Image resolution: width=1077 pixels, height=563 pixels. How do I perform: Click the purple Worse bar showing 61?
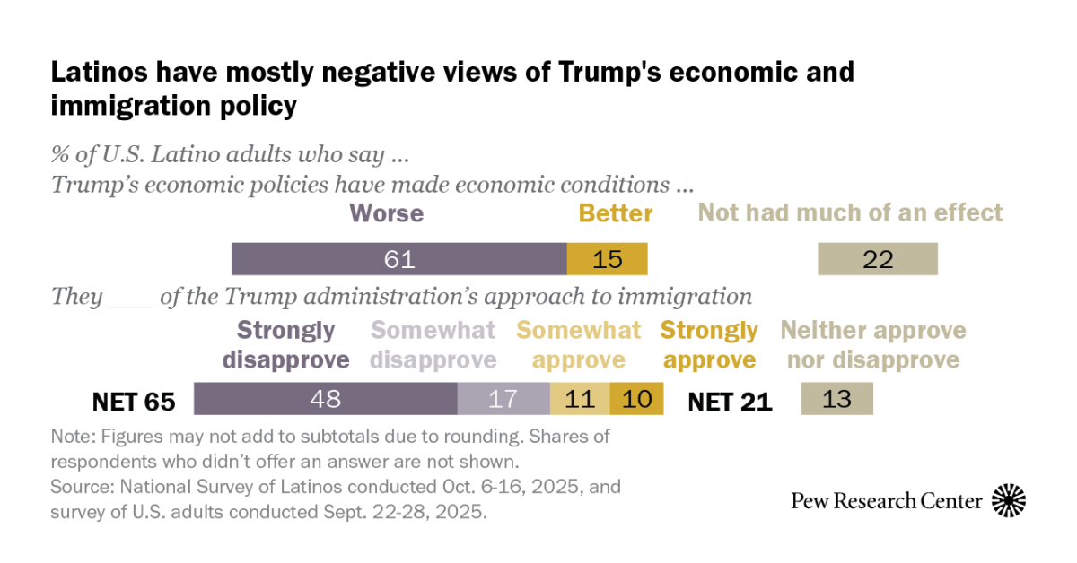coord(399,259)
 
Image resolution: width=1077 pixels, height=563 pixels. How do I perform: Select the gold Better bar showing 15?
coord(608,259)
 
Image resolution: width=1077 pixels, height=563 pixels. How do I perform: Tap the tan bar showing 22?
coord(878,259)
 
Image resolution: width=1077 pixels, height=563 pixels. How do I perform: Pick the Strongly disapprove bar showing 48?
coord(325,398)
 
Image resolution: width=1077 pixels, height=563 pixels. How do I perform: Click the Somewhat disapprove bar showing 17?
coord(503,398)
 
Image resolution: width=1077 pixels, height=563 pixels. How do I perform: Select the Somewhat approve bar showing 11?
coord(580,398)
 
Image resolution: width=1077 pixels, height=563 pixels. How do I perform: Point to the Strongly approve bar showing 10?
coord(636,398)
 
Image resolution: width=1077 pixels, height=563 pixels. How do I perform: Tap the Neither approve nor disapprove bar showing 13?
coord(836,398)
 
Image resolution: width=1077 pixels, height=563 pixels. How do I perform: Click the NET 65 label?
coord(134,401)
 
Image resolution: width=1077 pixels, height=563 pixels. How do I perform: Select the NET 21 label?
coord(730,401)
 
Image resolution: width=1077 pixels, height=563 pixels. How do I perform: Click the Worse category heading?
coord(386,213)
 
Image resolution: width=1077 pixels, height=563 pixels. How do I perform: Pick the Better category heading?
coord(615,213)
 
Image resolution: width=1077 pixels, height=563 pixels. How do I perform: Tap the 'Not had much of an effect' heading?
coord(850,213)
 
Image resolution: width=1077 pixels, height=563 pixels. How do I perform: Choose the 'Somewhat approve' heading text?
coord(579,345)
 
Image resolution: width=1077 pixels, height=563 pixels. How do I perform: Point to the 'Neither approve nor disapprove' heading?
coord(873,345)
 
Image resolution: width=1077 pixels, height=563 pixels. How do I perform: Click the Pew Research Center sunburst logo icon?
coord(1008,500)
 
